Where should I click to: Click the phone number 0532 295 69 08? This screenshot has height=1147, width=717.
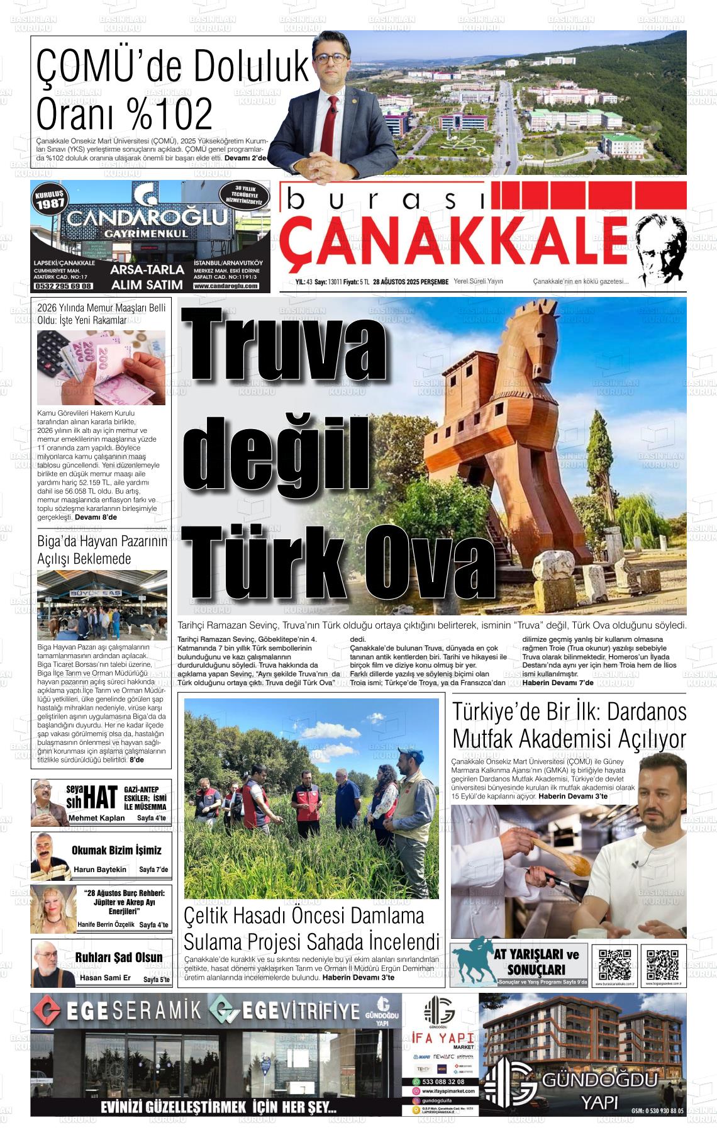(63, 286)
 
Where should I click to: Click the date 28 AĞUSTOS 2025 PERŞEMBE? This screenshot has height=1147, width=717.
(410, 282)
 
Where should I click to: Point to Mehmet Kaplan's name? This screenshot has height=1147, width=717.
(96, 818)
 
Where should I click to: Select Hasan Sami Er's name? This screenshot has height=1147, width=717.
(105, 978)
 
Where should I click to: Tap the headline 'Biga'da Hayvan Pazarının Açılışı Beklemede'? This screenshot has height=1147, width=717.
(101, 549)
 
